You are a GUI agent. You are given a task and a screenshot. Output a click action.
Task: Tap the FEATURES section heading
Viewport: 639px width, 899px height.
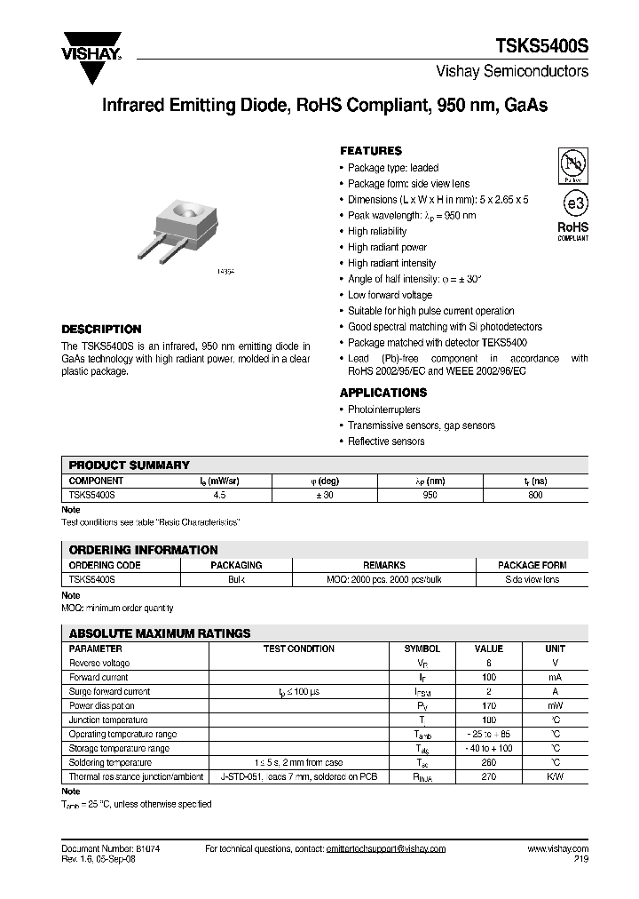coord(370,151)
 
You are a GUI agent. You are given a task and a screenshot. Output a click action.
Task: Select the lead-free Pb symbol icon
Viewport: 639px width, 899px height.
coord(572,166)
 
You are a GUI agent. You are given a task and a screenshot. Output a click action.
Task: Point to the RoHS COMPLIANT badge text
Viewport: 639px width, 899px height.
coord(572,231)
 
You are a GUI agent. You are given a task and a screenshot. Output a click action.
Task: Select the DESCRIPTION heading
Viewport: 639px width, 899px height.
coord(100,329)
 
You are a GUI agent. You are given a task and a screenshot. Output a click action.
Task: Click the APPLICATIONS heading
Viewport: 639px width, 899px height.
coord(383,393)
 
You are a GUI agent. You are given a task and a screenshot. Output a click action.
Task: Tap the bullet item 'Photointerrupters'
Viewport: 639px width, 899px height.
coord(383,410)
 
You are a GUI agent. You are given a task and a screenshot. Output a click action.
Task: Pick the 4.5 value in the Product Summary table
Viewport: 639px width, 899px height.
coord(217,496)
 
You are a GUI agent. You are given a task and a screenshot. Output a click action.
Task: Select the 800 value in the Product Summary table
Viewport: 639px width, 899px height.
coord(535,496)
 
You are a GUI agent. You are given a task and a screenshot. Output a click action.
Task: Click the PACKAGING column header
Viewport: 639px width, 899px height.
coord(236,565)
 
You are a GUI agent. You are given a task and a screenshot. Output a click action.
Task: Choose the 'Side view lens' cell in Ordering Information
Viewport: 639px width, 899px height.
coord(532,579)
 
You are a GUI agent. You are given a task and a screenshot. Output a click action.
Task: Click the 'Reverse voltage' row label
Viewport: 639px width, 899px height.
coord(99,663)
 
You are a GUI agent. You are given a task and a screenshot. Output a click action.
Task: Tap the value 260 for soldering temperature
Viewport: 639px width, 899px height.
coord(488,762)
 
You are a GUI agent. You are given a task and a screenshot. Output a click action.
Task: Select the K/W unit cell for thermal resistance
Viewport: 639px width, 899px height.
coord(555,776)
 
